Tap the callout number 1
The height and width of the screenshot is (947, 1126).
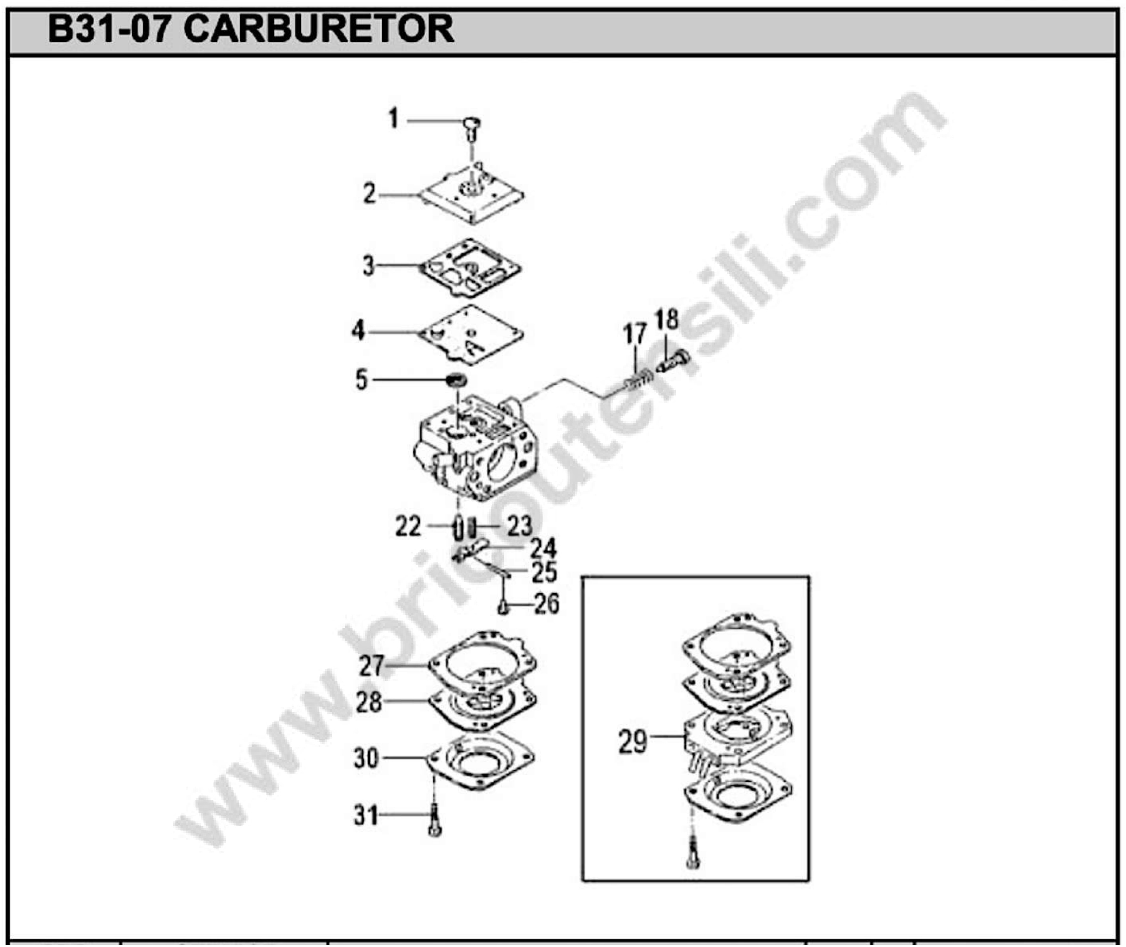click(x=394, y=119)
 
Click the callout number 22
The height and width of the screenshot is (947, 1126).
click(x=408, y=527)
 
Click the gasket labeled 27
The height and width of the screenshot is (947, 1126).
click(x=482, y=662)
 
